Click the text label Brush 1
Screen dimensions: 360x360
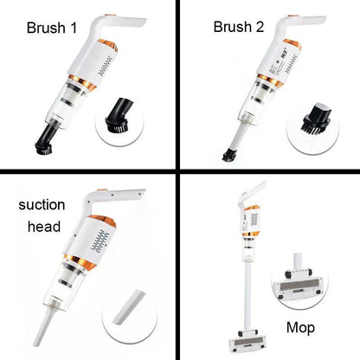(52, 29)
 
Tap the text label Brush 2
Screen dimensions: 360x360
(238, 27)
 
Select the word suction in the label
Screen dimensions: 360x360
(43, 209)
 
